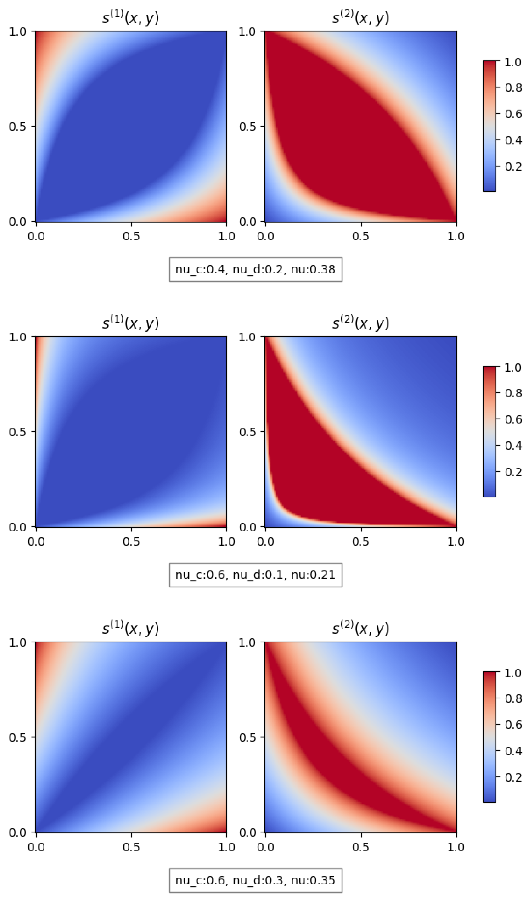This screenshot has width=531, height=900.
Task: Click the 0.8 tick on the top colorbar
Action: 513,87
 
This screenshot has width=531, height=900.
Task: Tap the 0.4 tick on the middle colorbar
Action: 513,445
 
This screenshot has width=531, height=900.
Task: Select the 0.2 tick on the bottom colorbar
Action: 513,777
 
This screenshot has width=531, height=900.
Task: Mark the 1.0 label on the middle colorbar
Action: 513,367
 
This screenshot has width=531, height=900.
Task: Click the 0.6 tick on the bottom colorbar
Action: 513,724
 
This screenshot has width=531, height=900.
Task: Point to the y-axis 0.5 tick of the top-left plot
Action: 18,127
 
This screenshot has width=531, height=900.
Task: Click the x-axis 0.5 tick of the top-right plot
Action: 361,236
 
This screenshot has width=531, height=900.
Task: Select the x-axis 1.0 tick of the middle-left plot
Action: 226,541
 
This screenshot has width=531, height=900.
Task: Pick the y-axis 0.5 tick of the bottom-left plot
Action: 18,737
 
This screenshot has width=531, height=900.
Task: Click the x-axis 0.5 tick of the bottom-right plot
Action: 361,847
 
